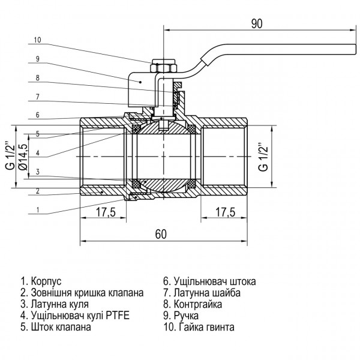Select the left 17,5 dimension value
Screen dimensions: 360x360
(106, 211)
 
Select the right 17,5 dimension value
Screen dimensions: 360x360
(224, 211)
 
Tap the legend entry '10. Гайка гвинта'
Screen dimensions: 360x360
(198, 328)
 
